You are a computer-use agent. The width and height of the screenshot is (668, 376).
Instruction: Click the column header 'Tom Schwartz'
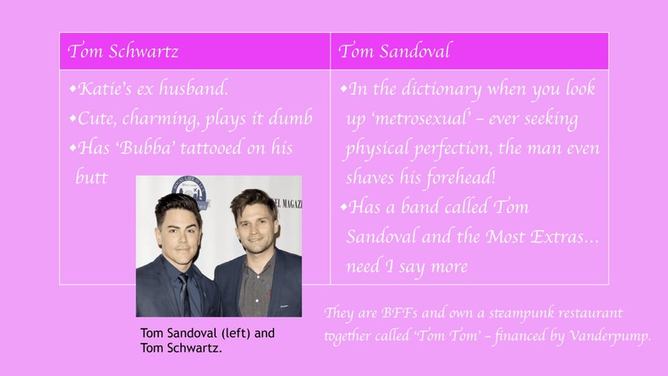click(x=123, y=52)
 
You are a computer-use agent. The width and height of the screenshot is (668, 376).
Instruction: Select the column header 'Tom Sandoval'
click(x=394, y=52)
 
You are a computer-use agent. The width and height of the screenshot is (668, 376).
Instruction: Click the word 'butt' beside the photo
click(x=91, y=177)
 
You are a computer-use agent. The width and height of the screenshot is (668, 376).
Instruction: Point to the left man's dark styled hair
click(x=178, y=203)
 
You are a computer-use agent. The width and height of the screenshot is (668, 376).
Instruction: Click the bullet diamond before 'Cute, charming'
click(x=74, y=118)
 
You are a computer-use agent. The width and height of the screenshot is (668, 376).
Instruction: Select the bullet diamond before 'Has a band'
click(x=344, y=207)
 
